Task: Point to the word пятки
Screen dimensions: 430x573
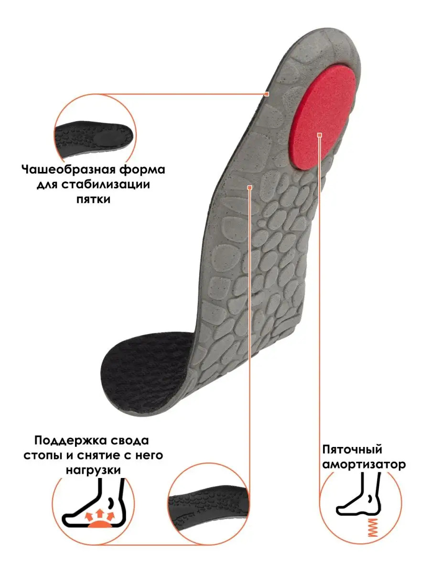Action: pyautogui.click(x=93, y=200)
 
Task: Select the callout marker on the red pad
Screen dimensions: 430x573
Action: pyautogui.click(x=320, y=135)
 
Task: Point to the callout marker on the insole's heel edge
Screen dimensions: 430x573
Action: pyautogui.click(x=267, y=94)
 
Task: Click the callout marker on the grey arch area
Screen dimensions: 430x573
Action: pyautogui.click(x=249, y=188)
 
